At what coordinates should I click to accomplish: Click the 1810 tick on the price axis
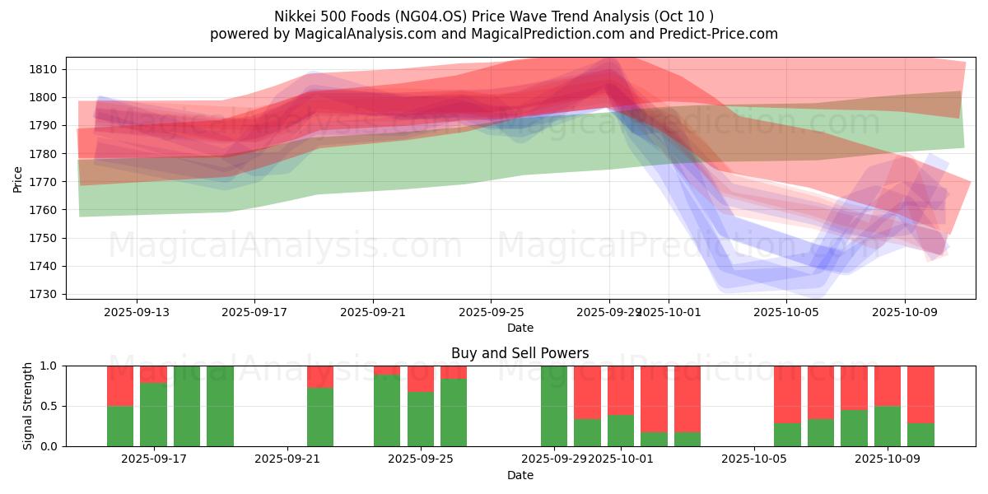(x=46, y=69)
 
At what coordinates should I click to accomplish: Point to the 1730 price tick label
(x=46, y=295)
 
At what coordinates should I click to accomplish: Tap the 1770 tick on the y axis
(x=46, y=182)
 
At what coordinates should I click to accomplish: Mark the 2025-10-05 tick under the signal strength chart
(x=754, y=459)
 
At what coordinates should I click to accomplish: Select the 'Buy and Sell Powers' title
(x=520, y=353)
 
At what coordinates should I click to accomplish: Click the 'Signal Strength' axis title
(x=28, y=406)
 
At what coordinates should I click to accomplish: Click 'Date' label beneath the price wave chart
(x=520, y=328)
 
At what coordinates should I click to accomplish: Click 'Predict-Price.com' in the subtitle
(x=719, y=34)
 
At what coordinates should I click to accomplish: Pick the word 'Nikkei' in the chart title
(x=296, y=16)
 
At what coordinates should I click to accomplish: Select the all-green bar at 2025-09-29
(x=554, y=406)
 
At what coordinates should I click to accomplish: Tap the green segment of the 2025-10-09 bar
(x=888, y=426)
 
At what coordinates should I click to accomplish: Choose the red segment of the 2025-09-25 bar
(x=421, y=379)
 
